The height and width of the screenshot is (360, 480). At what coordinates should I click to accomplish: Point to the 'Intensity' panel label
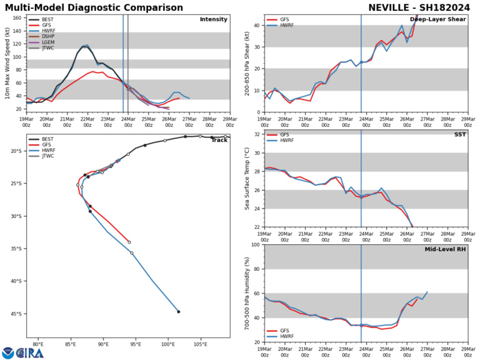click(x=213, y=19)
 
